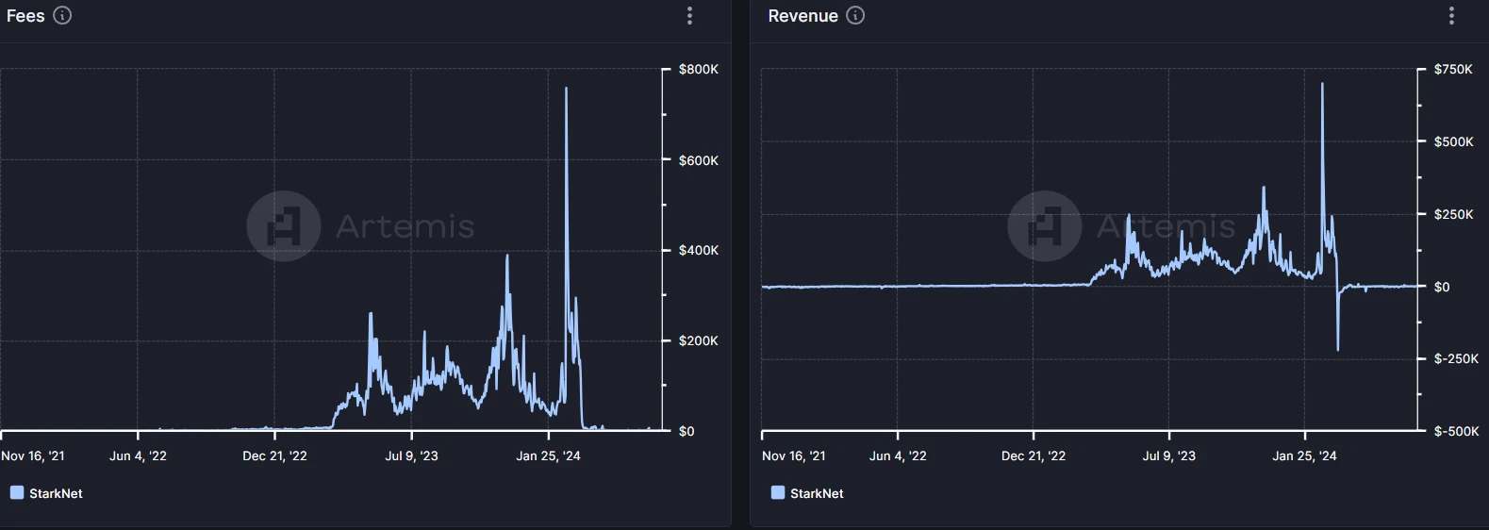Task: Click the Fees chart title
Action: [x=25, y=16]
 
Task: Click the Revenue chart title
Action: [x=802, y=16]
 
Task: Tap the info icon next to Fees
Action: [x=62, y=15]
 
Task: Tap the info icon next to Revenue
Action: [x=855, y=15]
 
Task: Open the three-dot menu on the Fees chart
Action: [x=690, y=16]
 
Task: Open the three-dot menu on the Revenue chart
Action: [x=1451, y=16]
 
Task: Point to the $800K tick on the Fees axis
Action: [x=698, y=70]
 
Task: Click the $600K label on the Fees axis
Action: [x=698, y=160]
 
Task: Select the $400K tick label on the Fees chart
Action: [x=698, y=250]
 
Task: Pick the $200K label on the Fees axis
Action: [x=698, y=340]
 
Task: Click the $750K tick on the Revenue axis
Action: [x=1453, y=70]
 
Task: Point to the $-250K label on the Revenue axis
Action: [x=1456, y=358]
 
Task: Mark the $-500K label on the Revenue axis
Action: [x=1456, y=431]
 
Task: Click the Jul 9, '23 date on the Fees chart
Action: [x=411, y=456]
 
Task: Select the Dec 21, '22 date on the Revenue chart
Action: [x=1034, y=456]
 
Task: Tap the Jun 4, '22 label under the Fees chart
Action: [x=138, y=456]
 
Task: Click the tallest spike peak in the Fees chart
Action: [x=566, y=89]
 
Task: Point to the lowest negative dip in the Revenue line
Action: [x=1337, y=350]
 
